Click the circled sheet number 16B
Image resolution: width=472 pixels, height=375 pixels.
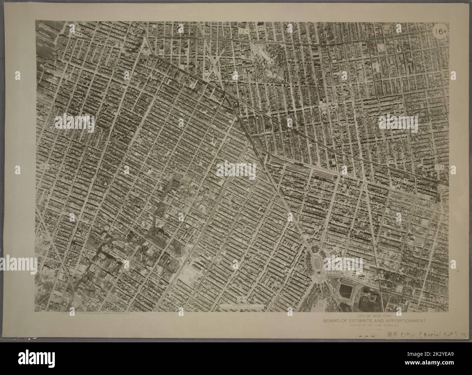tap(440, 31)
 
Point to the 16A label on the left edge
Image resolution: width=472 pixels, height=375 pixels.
tap(44, 166)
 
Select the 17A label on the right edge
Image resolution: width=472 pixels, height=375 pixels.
tap(439, 167)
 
